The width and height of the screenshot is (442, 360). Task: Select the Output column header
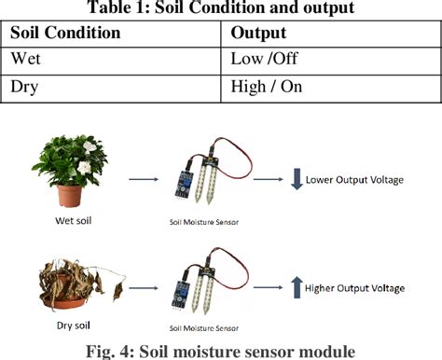[257, 33]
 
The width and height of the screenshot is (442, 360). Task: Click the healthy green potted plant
[70, 172]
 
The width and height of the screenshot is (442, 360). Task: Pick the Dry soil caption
[65, 328]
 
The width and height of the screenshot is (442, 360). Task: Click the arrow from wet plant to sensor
[141, 179]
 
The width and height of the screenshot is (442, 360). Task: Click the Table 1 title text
[220, 8]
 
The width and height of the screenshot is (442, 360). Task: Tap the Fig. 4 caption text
[220, 350]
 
